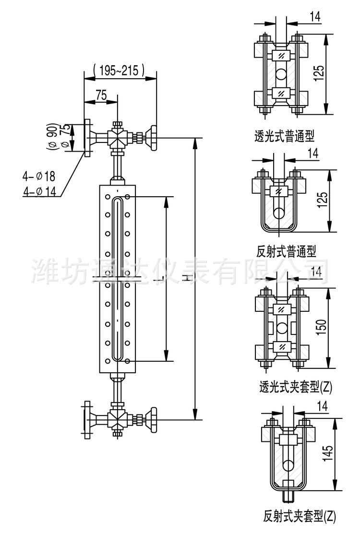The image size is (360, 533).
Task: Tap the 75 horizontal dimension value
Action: (101, 95)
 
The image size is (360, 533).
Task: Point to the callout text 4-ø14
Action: (40, 191)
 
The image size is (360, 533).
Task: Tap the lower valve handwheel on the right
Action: (154, 418)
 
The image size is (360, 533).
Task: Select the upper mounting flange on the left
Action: (87, 138)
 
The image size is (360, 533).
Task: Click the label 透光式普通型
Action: (284, 136)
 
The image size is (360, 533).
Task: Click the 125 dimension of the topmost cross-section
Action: (320, 74)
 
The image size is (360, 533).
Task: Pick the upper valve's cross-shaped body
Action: (117, 137)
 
